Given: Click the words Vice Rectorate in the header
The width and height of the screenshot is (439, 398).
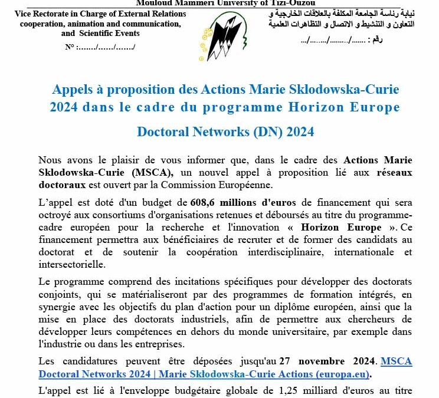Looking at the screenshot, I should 39,14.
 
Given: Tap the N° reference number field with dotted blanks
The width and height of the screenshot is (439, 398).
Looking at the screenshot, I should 100,46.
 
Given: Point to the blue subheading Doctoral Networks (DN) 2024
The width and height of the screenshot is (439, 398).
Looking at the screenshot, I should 225,131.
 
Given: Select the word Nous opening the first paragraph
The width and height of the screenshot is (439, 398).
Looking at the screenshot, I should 50,160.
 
